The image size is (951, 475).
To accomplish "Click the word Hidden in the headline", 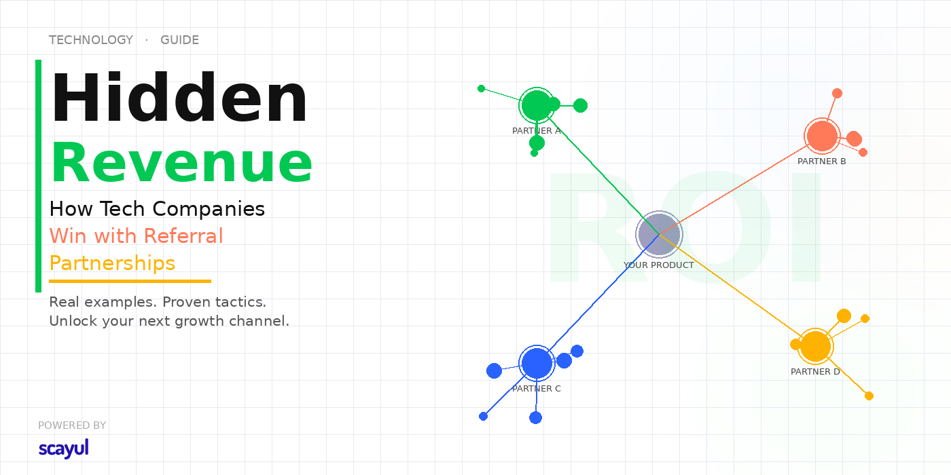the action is click(x=179, y=97).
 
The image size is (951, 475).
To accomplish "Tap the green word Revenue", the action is click(x=182, y=162).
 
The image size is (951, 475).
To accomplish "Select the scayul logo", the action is click(x=64, y=449).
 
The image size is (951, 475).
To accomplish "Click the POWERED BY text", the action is click(x=72, y=425).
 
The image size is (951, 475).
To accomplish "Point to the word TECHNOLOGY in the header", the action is click(x=91, y=40).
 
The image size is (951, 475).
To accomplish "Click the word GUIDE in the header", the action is click(x=179, y=40).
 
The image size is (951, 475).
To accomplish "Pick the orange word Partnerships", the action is click(x=112, y=263).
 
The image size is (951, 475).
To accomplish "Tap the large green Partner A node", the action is click(x=537, y=105).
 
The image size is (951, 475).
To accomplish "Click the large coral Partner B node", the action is click(x=823, y=136).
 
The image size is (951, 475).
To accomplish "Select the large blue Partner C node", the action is click(x=537, y=364).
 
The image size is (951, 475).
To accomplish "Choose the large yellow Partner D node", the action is click(x=815, y=347).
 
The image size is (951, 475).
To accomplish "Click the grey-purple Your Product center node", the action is click(x=659, y=234).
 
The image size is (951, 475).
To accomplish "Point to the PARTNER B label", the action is click(x=821, y=161).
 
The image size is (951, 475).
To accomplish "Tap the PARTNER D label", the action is click(x=815, y=372).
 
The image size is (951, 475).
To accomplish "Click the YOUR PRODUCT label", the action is click(x=658, y=265).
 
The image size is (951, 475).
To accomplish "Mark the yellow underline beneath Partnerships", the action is click(x=130, y=281).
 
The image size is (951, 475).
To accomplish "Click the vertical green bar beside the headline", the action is click(x=38, y=176).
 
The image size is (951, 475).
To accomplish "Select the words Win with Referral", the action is click(x=137, y=236).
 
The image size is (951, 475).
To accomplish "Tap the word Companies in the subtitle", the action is click(x=209, y=209).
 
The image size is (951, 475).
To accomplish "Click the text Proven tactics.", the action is click(x=215, y=302).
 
